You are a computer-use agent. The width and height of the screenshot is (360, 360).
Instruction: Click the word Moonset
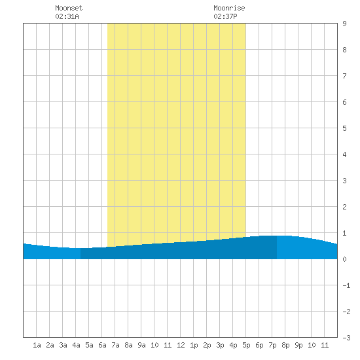click(69, 8)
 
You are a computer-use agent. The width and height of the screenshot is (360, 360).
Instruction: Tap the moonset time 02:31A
click(67, 16)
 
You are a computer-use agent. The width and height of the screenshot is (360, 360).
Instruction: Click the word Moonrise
click(229, 8)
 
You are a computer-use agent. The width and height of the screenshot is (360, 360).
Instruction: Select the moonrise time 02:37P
click(225, 16)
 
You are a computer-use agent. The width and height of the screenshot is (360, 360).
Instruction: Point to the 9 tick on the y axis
click(344, 24)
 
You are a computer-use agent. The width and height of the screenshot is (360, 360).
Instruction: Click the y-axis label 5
click(344, 128)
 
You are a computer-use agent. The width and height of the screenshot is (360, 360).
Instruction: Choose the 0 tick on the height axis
click(344, 259)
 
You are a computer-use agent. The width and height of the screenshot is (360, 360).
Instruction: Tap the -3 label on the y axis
click(346, 338)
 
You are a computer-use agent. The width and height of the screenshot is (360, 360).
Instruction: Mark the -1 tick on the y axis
click(346, 285)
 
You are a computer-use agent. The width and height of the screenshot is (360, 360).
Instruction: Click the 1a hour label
click(37, 345)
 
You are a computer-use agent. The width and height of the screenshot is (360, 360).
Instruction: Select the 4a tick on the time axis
click(76, 345)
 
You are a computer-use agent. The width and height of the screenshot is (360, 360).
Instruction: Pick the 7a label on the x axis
click(115, 345)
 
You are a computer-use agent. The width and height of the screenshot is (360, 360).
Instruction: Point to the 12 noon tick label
click(181, 345)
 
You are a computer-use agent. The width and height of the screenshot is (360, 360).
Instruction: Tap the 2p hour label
click(207, 345)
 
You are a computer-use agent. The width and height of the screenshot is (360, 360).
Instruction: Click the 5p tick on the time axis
click(246, 345)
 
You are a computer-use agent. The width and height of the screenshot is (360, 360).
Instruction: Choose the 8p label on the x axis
click(285, 345)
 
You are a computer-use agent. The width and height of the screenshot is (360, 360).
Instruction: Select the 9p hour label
click(298, 345)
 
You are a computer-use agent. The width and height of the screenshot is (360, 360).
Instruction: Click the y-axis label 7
click(344, 76)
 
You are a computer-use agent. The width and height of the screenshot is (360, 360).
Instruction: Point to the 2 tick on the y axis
click(344, 207)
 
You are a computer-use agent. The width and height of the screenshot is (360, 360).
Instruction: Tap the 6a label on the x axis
click(102, 345)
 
